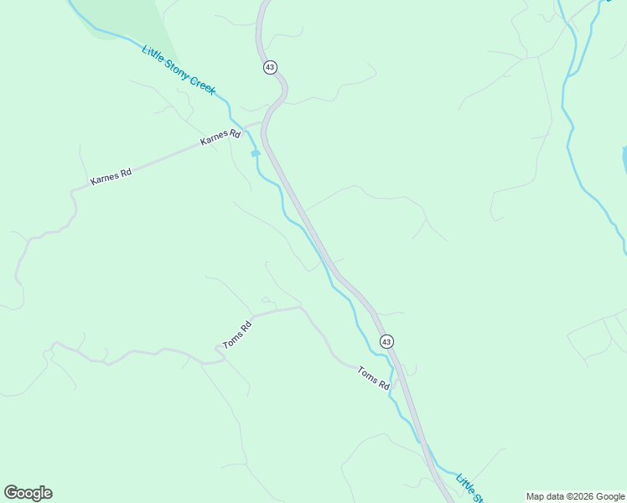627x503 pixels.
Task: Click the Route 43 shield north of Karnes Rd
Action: tap(269, 67)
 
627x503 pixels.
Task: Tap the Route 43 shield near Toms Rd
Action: tap(386, 341)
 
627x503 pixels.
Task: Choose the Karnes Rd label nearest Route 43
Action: tap(220, 138)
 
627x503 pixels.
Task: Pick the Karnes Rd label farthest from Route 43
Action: tap(111, 177)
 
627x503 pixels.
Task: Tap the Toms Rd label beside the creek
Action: tap(373, 378)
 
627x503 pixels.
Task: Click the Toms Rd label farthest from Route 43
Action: tap(237, 334)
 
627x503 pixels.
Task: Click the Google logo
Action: tap(28, 493)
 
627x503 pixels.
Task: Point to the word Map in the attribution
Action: tap(536, 496)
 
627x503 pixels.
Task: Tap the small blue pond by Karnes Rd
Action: tap(255, 153)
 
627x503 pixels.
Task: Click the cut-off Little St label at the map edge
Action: tap(470, 490)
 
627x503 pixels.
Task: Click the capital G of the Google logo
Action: tap(11, 493)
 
